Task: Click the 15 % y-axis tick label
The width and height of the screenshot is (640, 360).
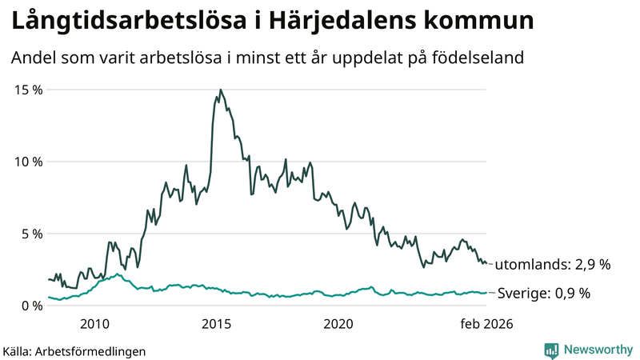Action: [29, 90]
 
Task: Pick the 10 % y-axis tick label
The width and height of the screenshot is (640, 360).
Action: [29, 162]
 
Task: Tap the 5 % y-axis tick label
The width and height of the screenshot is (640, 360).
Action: [32, 234]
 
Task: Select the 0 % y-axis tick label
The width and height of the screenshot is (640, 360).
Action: [32, 306]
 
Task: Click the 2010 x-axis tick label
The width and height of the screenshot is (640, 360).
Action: [95, 323]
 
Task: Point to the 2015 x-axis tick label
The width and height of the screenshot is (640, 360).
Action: [217, 323]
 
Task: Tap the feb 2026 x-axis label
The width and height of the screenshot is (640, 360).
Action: [485, 323]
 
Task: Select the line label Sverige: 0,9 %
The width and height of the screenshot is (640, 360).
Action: [544, 293]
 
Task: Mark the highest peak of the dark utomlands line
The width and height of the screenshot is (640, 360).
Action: [220, 90]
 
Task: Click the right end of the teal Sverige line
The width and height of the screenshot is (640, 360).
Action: [486, 293]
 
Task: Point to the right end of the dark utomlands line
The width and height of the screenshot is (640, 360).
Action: [486, 263]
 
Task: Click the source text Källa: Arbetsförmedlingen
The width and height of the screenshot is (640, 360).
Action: [74, 350]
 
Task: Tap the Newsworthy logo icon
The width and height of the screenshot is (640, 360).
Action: [551, 350]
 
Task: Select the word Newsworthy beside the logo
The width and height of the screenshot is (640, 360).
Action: [597, 350]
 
